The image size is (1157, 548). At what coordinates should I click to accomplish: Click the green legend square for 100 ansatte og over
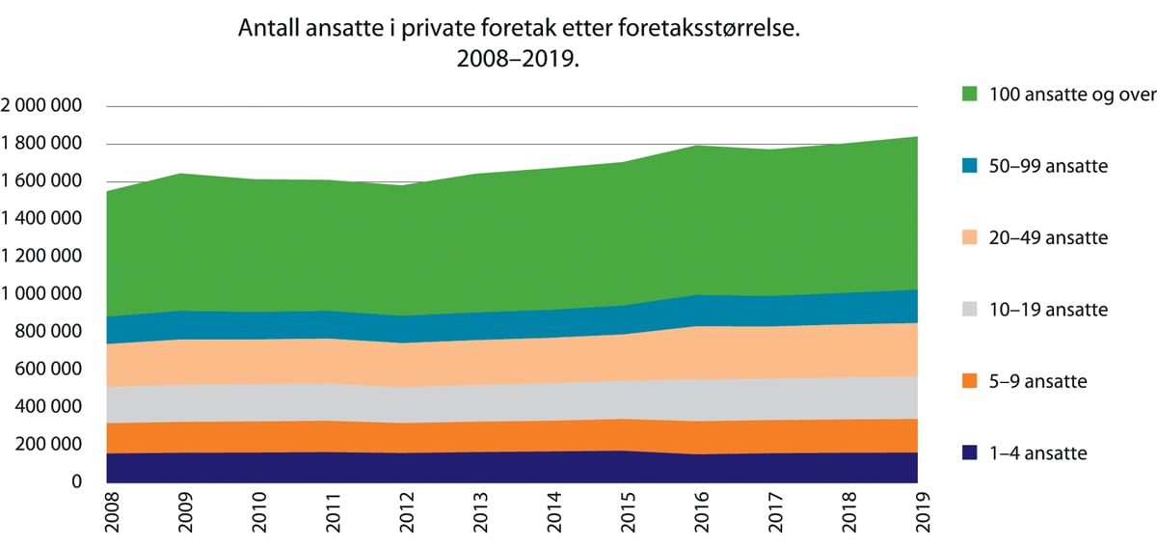point(970,94)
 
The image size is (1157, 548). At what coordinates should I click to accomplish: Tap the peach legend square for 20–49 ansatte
point(970,237)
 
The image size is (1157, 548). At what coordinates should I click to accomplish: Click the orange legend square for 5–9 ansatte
point(970,381)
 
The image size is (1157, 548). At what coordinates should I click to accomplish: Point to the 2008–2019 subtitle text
point(520,60)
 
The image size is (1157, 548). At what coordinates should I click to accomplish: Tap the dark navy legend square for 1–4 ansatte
point(970,452)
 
